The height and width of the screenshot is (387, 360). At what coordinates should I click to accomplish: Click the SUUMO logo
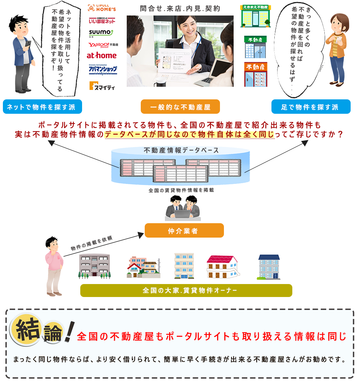(x=101, y=33)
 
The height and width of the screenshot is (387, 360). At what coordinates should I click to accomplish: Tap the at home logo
(x=102, y=55)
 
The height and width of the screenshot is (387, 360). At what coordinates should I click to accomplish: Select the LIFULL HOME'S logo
(x=102, y=8)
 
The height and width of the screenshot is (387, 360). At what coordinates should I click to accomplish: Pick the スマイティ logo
(x=102, y=86)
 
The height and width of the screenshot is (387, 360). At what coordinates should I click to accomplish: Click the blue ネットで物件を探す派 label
(x=42, y=107)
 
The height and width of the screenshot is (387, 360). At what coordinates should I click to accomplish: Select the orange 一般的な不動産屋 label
(x=180, y=107)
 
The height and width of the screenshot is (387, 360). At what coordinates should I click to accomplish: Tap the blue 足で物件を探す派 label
(x=311, y=107)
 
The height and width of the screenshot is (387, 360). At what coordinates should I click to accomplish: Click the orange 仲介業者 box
(x=184, y=231)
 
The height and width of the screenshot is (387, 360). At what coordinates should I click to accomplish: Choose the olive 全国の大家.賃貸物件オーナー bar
(x=186, y=291)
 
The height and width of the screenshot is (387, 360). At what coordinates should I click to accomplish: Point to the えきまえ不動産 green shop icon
(x=256, y=16)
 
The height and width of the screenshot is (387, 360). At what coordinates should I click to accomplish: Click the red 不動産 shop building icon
(x=256, y=75)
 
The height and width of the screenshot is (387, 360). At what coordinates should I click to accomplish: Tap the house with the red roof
(x=222, y=267)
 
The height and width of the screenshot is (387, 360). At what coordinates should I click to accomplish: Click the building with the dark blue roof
(x=269, y=267)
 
